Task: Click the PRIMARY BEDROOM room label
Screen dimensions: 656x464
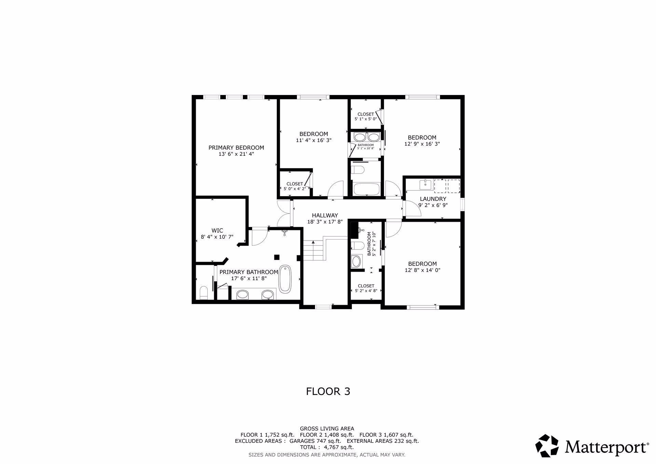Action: (x=236, y=148)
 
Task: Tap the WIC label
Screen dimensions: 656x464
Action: (x=217, y=231)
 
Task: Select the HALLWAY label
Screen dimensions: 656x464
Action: (x=325, y=215)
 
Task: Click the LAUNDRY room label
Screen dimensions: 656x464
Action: (x=433, y=199)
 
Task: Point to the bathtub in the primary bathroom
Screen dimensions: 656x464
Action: (x=285, y=279)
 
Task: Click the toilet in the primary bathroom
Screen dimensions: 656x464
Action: (x=203, y=293)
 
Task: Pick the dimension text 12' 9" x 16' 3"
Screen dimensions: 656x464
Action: (x=422, y=144)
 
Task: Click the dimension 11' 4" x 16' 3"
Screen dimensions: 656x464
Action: (x=314, y=140)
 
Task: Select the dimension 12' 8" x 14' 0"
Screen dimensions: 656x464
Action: (x=422, y=270)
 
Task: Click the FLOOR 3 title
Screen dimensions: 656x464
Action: (x=328, y=391)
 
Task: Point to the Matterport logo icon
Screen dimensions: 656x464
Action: (x=547, y=446)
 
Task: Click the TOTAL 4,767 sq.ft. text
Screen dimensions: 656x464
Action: (x=327, y=447)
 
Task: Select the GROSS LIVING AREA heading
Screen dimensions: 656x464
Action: (x=327, y=428)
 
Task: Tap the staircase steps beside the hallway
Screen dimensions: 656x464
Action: (x=313, y=250)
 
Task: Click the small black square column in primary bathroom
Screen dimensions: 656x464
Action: (x=277, y=257)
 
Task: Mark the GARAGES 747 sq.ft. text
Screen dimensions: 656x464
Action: (x=315, y=441)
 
